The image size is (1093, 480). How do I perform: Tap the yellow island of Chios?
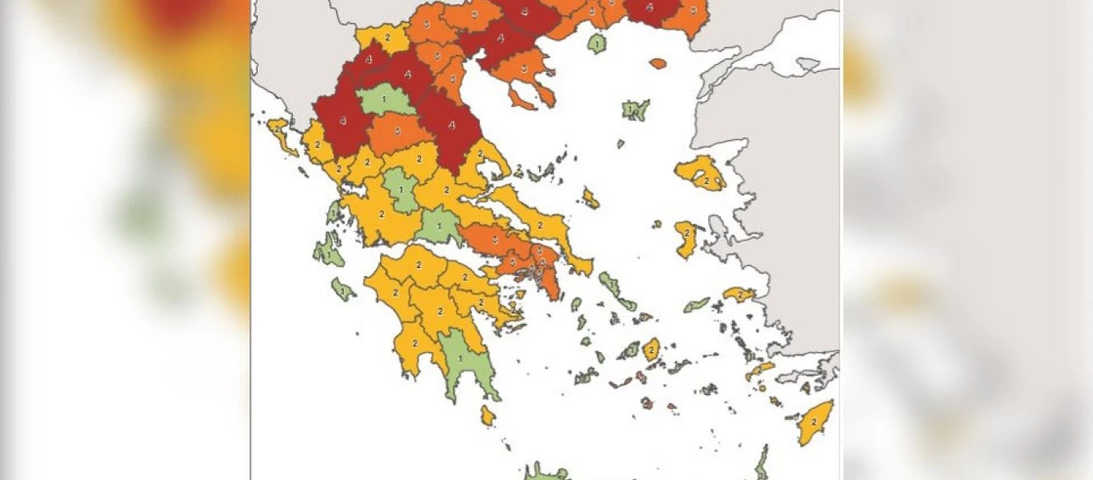point(686,238)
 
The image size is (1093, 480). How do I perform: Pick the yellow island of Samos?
point(738,294)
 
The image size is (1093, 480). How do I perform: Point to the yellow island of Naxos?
point(651,349)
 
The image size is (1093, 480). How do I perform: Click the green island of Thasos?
point(596,42)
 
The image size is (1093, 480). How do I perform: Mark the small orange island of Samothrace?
point(658,63)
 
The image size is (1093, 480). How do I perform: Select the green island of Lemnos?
point(636,110)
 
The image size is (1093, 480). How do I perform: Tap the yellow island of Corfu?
point(280,134)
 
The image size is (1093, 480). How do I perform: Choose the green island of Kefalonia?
point(328,252)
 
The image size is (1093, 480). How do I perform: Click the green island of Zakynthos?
point(343,290)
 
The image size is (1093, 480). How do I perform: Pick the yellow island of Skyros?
point(591,198)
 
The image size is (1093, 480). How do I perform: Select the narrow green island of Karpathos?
point(762,462)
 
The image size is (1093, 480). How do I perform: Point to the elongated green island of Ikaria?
point(696,305)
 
